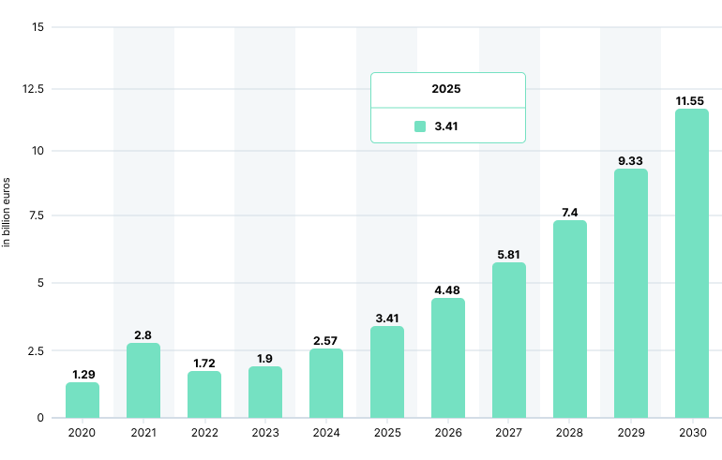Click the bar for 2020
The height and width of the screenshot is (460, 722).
click(83, 400)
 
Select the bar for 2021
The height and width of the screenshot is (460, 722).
click(143, 380)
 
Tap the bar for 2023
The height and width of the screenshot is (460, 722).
click(265, 392)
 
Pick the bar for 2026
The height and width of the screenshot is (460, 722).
click(448, 358)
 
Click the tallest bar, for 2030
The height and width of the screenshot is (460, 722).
click(692, 263)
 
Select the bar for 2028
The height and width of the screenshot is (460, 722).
click(570, 319)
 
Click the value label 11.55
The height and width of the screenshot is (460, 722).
click(692, 100)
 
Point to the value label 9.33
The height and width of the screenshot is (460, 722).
click(630, 161)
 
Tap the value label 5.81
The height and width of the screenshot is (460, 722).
click(509, 254)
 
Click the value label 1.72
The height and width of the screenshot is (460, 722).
click(204, 362)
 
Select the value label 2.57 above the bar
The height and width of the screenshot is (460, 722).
click(326, 340)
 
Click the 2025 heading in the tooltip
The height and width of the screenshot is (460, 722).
click(446, 90)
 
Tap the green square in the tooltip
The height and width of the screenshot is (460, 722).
click(420, 126)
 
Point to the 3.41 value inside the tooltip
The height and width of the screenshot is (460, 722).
click(446, 126)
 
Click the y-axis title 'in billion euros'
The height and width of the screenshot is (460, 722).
click(7, 212)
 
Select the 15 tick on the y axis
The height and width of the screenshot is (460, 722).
click(38, 26)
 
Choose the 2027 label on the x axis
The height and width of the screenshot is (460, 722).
click(509, 434)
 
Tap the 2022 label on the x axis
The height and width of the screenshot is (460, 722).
click(204, 434)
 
